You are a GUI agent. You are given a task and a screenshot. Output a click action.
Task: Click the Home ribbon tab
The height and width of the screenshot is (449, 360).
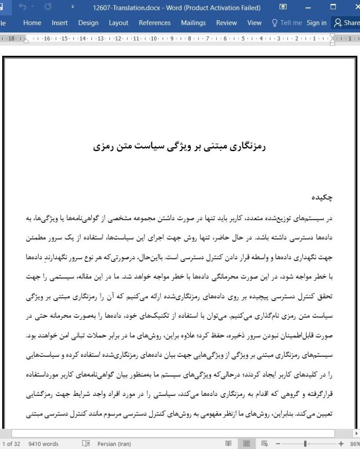click(x=32, y=23)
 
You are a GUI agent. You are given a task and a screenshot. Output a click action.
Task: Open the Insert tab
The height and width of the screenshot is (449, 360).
click(x=59, y=23)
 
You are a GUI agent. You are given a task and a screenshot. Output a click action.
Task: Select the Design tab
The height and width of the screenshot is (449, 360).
click(x=88, y=23)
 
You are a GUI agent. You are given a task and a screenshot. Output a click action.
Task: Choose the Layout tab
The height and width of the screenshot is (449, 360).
click(x=118, y=23)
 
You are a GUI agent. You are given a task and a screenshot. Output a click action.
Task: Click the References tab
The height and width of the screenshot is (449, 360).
click(x=154, y=23)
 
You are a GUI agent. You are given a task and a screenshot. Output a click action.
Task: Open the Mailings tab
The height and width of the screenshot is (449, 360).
click(x=193, y=23)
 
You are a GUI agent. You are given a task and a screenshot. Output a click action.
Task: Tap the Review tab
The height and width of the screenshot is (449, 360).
click(x=227, y=23)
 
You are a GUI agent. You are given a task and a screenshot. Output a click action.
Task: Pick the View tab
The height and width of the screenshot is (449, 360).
click(x=254, y=23)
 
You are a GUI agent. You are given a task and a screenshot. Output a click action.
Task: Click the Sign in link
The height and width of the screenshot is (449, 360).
click(x=317, y=23)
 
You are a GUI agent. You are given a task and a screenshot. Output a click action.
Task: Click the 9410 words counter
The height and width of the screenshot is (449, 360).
click(x=43, y=444)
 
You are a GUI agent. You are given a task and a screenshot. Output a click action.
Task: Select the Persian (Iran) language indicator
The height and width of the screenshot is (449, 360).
click(x=114, y=444)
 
